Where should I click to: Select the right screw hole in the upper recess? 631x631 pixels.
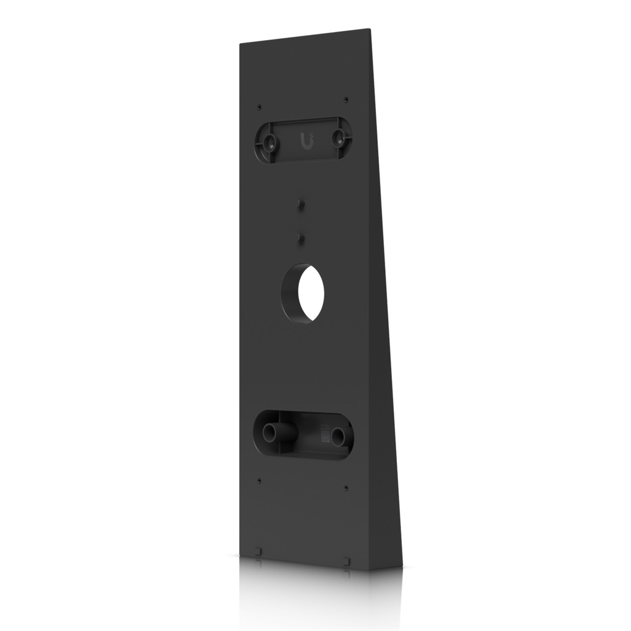(338, 139)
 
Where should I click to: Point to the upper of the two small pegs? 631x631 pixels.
(301, 203)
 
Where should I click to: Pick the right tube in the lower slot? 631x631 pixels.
(338, 436)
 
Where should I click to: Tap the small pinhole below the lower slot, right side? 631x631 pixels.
(346, 487)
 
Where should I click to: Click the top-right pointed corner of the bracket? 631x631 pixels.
(370, 29)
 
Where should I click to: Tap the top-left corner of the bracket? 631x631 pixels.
(240, 44)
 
